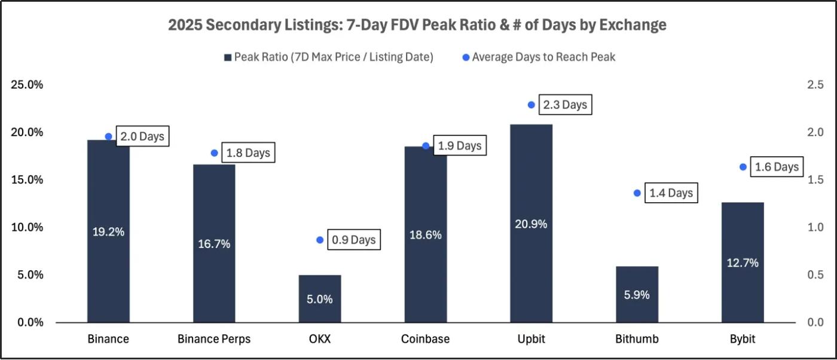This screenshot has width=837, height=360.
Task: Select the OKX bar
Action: coord(319,298)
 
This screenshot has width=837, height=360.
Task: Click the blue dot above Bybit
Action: coord(743,167)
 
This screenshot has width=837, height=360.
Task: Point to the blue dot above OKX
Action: coord(320,240)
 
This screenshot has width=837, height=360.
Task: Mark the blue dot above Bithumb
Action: coord(637,193)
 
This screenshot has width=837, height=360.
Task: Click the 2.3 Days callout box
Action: coord(564,105)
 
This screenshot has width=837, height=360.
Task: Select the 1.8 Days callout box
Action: coord(248,153)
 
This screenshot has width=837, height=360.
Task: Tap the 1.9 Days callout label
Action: coord(459,146)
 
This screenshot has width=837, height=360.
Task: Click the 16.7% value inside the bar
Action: coord(214,244)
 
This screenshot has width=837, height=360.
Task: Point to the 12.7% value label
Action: coord(743,263)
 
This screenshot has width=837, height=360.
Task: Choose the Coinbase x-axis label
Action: coord(425,339)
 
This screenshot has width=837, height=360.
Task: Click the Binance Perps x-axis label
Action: coord(214,339)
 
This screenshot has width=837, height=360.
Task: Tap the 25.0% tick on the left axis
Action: coord(28,85)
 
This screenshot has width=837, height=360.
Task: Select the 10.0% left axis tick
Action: coord(28,227)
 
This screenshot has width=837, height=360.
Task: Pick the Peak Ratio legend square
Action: coord(227,57)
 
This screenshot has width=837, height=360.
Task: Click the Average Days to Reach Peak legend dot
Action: coord(466,57)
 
